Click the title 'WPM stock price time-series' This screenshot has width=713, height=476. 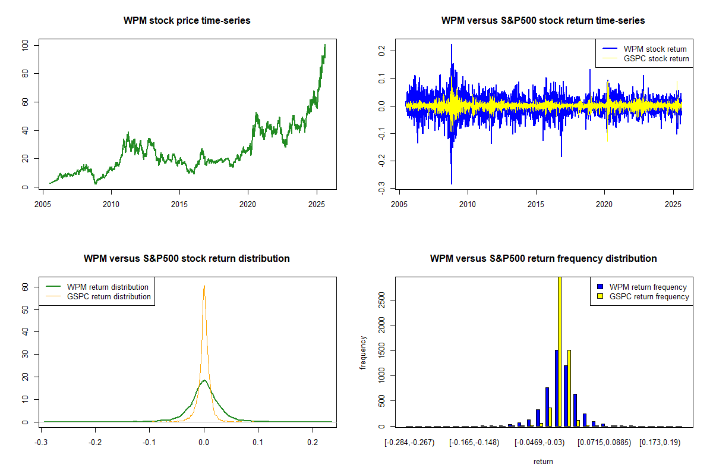pos(187,21)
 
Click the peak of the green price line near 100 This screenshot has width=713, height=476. pos(324,45)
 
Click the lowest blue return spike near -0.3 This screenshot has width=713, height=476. pos(451,183)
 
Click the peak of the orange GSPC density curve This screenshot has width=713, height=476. pos(204,286)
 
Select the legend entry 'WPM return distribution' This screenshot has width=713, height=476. pos(108,287)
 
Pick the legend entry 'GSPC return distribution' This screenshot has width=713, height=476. pos(109,296)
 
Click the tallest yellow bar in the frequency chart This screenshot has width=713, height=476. pos(559,351)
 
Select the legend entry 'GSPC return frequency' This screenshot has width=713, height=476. pos(646,296)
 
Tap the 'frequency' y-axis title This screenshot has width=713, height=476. pos(364,352)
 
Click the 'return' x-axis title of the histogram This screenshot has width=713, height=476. pos(543,461)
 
